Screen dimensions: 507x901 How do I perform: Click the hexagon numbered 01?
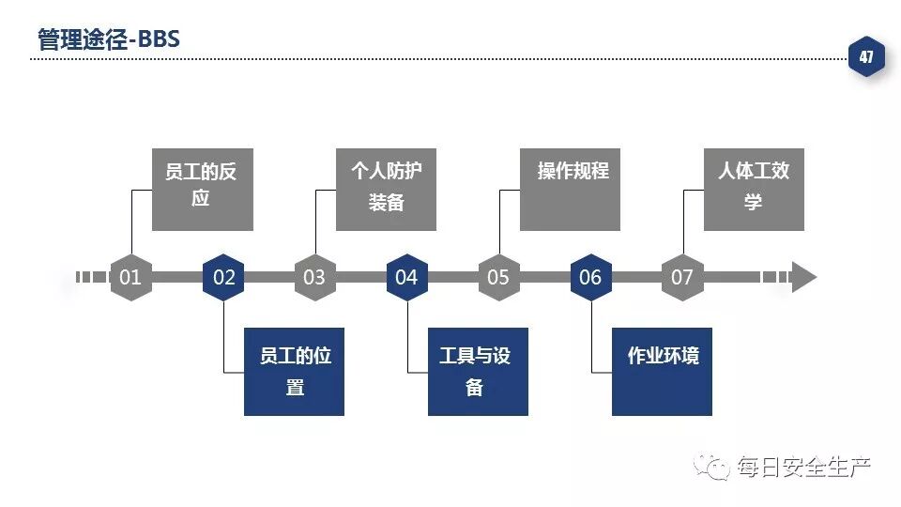pyautogui.click(x=130, y=277)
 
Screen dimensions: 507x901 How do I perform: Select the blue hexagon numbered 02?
pyautogui.click(x=223, y=277)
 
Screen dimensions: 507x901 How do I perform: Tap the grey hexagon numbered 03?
pyautogui.click(x=314, y=277)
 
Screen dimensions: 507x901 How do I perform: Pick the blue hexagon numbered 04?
pyautogui.click(x=406, y=277)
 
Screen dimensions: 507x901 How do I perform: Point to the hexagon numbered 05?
pyautogui.click(x=498, y=277)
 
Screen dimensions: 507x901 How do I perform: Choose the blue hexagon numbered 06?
pyautogui.click(x=590, y=277)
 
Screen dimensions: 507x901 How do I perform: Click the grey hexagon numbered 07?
pyautogui.click(x=682, y=277)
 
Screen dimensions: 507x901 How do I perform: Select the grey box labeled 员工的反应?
pyautogui.click(x=202, y=189)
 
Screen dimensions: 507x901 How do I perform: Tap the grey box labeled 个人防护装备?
pyautogui.click(x=386, y=189)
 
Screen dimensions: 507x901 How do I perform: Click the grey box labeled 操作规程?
pyautogui.click(x=570, y=189)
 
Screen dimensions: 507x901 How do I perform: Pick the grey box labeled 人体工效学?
pyautogui.click(x=754, y=189)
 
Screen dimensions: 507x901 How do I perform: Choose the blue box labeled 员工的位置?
pyautogui.click(x=294, y=371)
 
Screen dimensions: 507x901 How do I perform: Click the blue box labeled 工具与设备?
pyautogui.click(x=478, y=371)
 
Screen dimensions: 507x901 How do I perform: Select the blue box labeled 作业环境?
pyautogui.click(x=662, y=371)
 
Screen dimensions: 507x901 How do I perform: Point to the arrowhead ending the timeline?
pyautogui.click(x=803, y=277)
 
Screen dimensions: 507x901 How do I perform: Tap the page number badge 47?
pyautogui.click(x=865, y=57)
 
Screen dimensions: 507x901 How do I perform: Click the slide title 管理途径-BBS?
pyautogui.click(x=108, y=39)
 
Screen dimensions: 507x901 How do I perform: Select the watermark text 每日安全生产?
pyautogui.click(x=803, y=466)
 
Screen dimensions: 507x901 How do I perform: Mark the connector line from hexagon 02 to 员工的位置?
pyautogui.click(x=224, y=338)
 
